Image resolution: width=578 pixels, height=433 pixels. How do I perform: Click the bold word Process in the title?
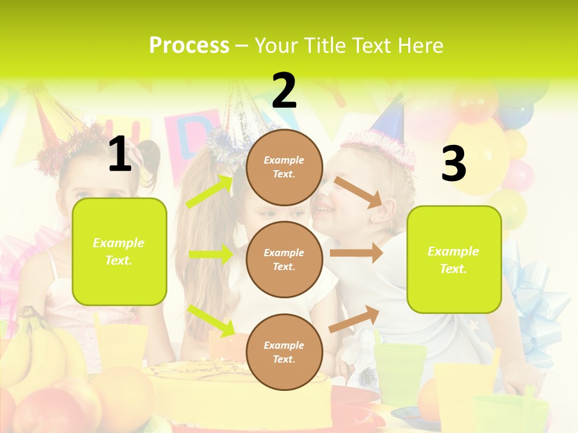(189, 45)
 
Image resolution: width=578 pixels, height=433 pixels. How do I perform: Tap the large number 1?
(120, 154)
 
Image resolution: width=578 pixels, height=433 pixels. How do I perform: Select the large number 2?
(284, 91)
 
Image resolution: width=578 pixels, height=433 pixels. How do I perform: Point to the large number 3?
(453, 164)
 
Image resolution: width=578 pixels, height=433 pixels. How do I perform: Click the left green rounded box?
(119, 251)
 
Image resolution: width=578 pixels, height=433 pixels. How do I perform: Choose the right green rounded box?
(454, 260)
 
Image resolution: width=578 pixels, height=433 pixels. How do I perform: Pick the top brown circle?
(284, 167)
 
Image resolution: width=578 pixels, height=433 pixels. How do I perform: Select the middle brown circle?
(284, 259)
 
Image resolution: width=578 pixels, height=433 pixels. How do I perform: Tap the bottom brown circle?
(284, 352)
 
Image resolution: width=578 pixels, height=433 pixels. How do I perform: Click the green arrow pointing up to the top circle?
(210, 192)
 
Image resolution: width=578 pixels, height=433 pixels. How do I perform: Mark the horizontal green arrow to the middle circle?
(211, 254)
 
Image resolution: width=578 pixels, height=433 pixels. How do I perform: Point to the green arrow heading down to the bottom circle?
(211, 321)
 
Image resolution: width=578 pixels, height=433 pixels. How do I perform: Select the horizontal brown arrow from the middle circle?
(356, 253)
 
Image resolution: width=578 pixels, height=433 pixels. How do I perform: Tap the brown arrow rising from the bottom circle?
(355, 319)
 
